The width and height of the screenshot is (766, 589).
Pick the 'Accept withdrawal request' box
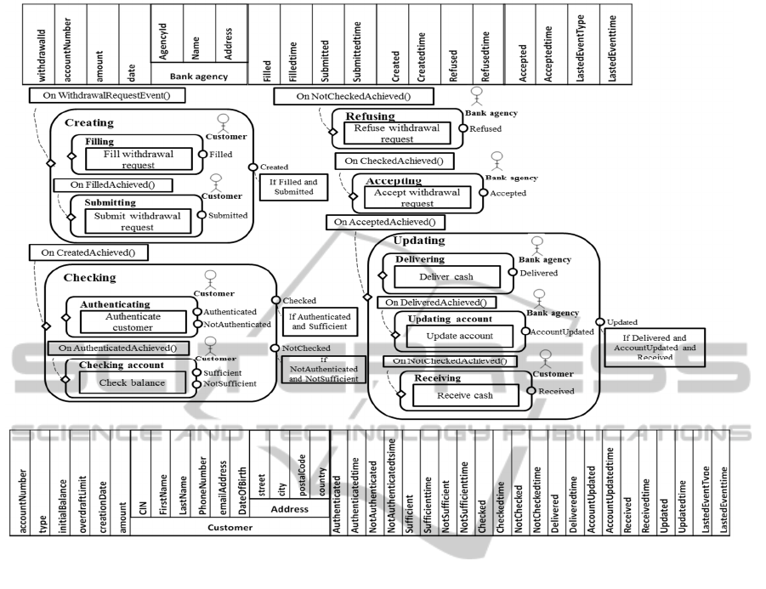coord(417,197)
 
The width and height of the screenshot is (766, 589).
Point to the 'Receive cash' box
coord(466,394)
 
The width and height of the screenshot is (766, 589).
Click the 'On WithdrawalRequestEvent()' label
coord(107,95)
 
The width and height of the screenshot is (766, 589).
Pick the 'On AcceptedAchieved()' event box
coord(385,222)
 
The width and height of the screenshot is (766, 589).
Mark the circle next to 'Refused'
coord(462,129)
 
